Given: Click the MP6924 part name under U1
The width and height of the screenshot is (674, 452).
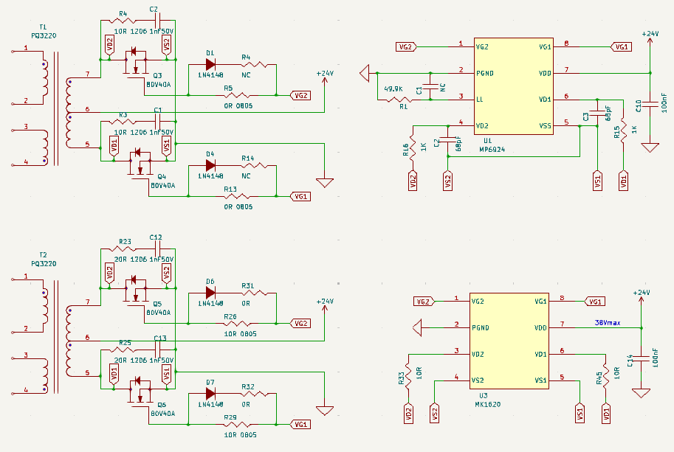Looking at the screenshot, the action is [492, 150].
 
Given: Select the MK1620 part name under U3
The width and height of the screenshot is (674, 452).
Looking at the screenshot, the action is [487, 404].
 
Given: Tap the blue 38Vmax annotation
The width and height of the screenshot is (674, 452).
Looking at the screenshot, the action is [608, 323].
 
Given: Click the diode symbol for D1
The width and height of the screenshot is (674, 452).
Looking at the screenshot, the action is [210, 64].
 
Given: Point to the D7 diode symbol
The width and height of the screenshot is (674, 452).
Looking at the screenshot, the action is [210, 394].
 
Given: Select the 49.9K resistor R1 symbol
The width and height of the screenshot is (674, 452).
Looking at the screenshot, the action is [399, 100].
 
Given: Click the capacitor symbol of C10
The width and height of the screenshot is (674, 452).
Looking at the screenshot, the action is [650, 103].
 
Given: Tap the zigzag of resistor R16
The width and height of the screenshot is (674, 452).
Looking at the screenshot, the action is [413, 147].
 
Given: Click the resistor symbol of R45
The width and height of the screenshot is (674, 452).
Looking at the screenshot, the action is [606, 377].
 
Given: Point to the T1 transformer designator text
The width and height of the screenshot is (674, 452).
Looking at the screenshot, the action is [43, 27].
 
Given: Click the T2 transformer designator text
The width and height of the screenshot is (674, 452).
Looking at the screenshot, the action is [43, 255].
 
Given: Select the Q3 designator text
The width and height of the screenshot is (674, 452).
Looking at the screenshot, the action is [157, 76].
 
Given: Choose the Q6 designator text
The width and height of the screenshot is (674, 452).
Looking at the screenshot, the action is [162, 405].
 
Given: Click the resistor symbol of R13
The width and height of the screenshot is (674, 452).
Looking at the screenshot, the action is [237, 197].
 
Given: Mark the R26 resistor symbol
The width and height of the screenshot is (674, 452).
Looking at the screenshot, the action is [237, 323].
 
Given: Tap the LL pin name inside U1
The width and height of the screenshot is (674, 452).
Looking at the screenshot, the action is [480, 99].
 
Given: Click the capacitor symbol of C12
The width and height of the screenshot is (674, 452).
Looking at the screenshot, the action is [157, 248].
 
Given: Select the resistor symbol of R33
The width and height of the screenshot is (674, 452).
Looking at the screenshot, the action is [408, 377].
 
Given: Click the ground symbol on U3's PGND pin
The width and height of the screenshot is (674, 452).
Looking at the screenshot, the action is [417, 328].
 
